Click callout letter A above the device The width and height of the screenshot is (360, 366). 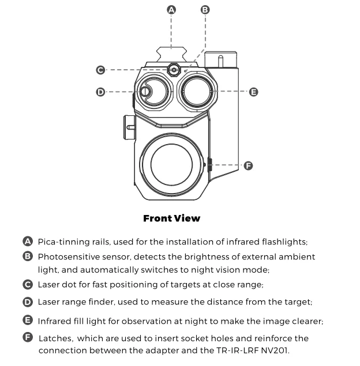(x=171, y=10)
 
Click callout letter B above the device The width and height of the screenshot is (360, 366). (x=205, y=10)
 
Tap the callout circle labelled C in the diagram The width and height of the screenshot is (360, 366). (x=101, y=70)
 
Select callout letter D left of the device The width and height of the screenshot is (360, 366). (x=101, y=92)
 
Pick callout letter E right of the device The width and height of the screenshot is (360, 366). (x=253, y=92)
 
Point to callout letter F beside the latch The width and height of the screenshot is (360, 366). (x=248, y=165)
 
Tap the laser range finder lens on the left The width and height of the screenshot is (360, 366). (x=153, y=92)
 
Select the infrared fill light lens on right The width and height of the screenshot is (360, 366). (x=195, y=91)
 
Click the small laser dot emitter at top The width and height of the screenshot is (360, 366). (x=174, y=70)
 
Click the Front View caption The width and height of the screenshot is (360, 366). (x=171, y=218)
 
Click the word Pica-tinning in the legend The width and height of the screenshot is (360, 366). (x=65, y=242)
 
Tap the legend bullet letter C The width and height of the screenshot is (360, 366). (x=27, y=285)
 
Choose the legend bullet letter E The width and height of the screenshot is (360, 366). (x=27, y=321)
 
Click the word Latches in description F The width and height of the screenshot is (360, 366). (x=55, y=338)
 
